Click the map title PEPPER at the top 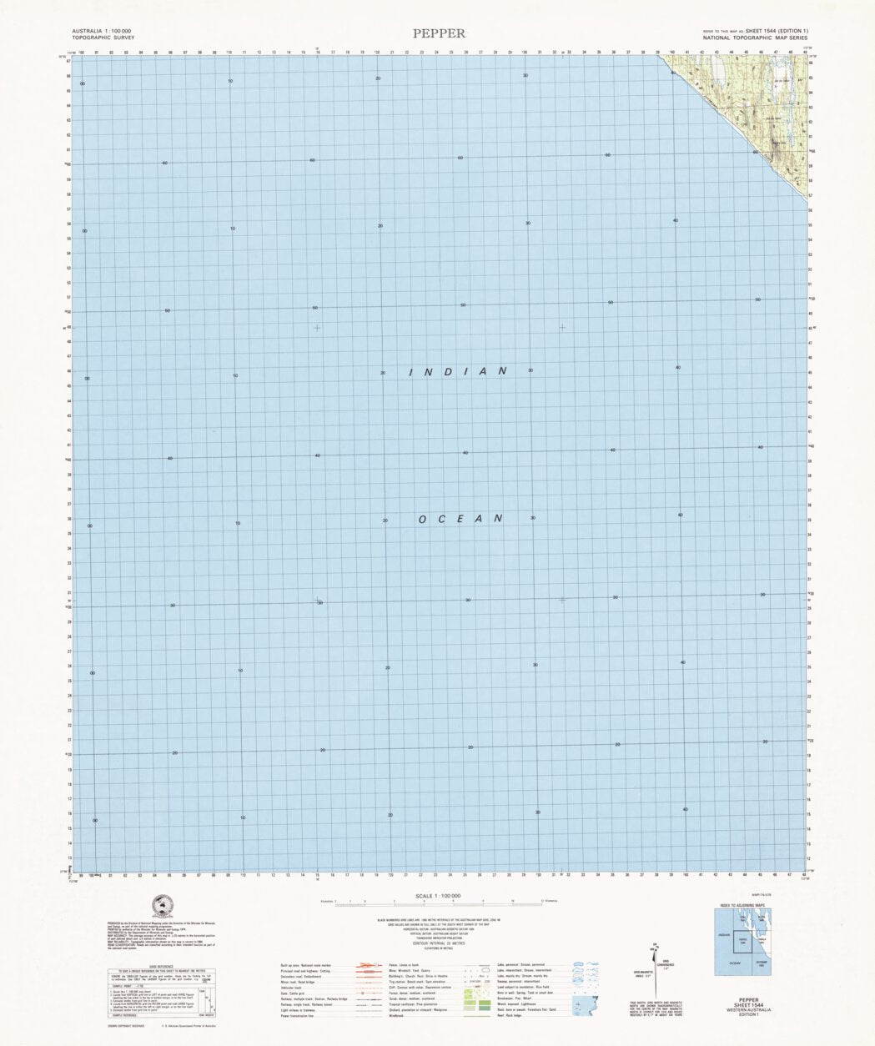tap(439, 33)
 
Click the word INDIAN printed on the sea tap(458, 371)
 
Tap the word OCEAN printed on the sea tap(460, 519)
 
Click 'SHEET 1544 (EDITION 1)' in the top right tap(777, 31)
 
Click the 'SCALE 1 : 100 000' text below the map tap(438, 896)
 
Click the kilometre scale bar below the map tap(437, 903)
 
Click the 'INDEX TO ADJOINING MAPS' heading tap(742, 905)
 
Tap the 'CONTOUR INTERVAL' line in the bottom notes tap(437, 942)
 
